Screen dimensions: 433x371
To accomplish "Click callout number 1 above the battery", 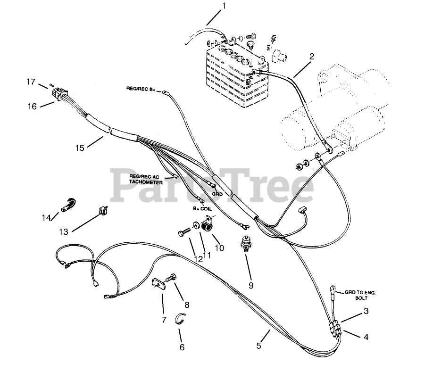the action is click(224, 6).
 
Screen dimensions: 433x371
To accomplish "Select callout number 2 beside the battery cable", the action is click(311, 57).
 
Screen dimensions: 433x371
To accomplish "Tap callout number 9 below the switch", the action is click(251, 285).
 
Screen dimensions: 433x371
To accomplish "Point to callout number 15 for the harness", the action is click(79, 148).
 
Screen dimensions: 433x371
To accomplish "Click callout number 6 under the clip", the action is click(182, 347).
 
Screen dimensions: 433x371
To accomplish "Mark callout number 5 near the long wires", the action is click(259, 346).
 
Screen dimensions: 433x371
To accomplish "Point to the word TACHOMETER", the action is click(146, 182).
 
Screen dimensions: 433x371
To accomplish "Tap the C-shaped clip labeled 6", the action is click(180, 319).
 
